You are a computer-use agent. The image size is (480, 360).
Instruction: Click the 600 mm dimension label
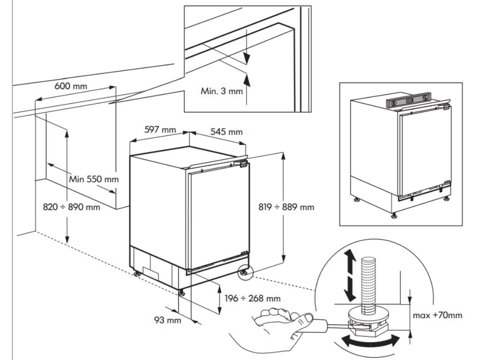click(71, 86)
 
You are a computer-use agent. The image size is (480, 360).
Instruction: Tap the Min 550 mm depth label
click(94, 179)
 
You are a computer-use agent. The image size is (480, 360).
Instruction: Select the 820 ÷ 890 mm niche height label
click(71, 206)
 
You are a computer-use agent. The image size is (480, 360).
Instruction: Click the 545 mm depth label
click(226, 132)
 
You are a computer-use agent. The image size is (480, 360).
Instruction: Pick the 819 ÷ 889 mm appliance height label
click(286, 206)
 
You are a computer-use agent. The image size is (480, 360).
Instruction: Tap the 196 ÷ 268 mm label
click(252, 298)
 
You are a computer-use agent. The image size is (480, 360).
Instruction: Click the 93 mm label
click(167, 320)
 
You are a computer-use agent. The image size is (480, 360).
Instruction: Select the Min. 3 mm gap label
click(222, 91)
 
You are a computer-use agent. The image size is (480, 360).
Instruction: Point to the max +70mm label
click(437, 315)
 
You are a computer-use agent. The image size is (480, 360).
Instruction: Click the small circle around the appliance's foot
click(245, 272)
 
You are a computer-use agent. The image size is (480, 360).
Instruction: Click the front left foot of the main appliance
click(182, 292)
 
